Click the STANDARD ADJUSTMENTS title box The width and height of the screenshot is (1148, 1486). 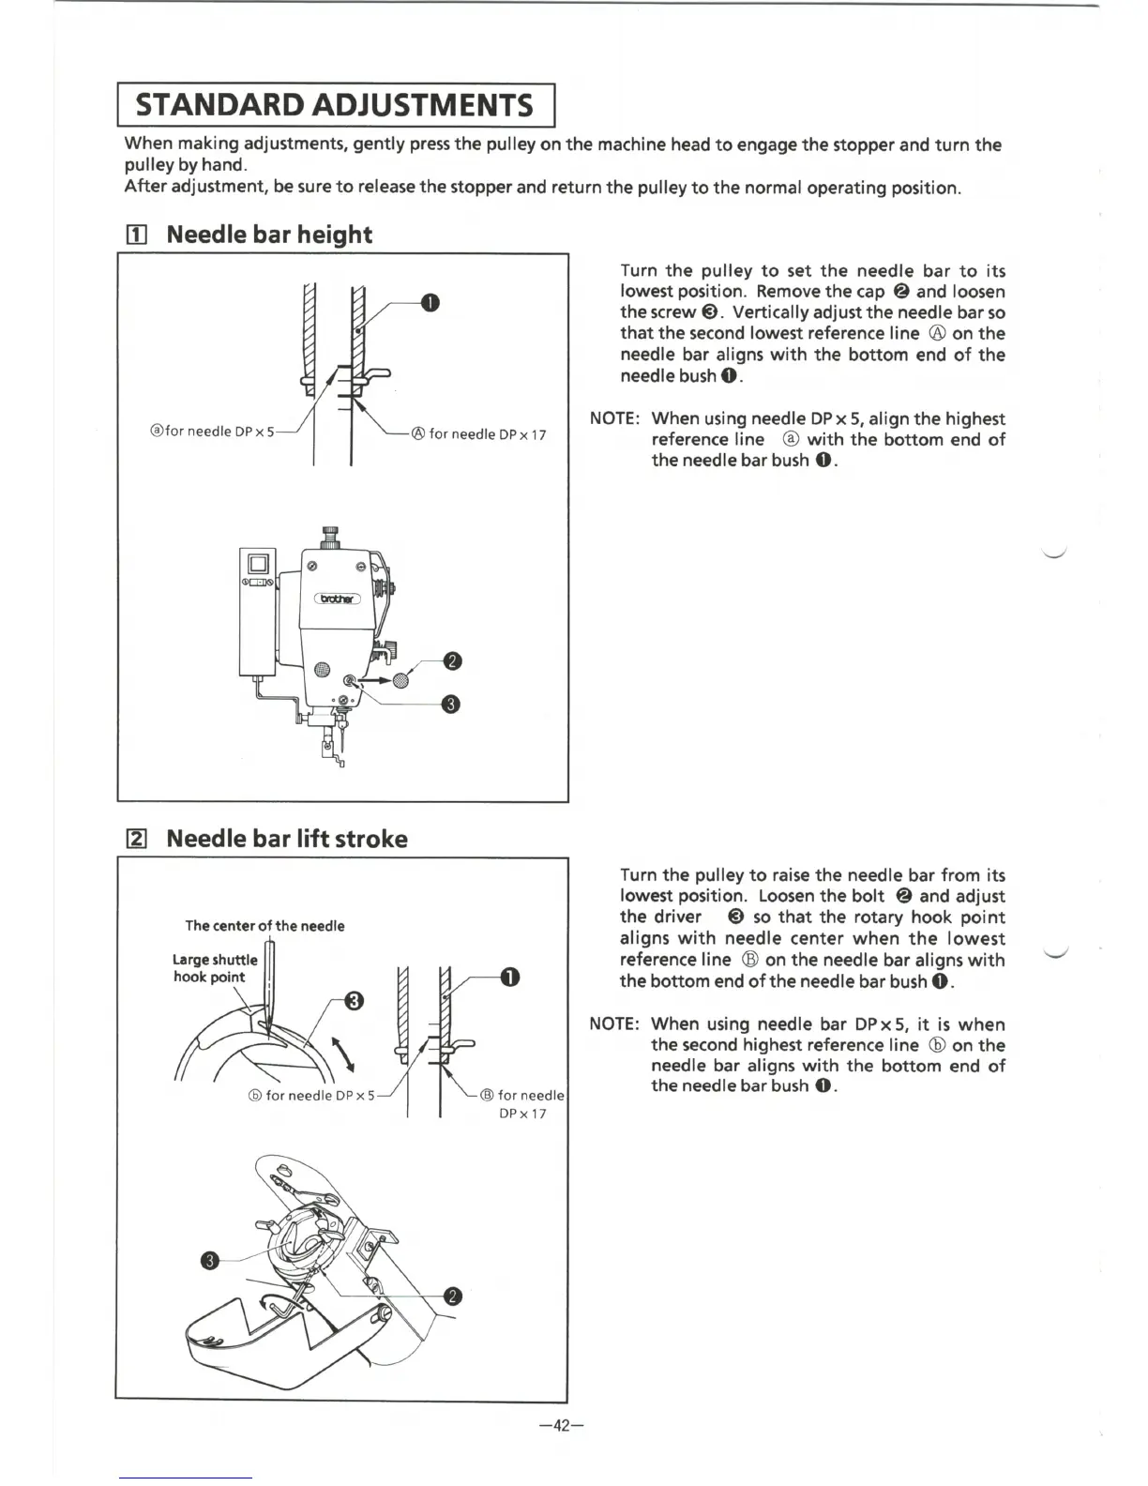pyautogui.click(x=336, y=104)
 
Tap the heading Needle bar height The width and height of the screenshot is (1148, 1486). pyautogui.click(x=268, y=235)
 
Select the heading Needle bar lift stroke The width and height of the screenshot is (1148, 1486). pyautogui.click(x=286, y=839)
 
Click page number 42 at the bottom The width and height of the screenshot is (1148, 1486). pyautogui.click(x=562, y=1426)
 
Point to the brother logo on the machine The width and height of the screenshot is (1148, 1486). pyautogui.click(x=337, y=599)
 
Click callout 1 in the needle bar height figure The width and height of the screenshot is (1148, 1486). pyautogui.click(x=430, y=302)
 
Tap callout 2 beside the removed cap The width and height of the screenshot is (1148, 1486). pyautogui.click(x=452, y=662)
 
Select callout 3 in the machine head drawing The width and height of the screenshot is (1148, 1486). pyautogui.click(x=450, y=705)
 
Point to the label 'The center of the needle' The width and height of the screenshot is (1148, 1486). pyautogui.click(x=264, y=926)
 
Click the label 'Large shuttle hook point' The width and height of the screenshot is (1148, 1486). pyautogui.click(x=214, y=968)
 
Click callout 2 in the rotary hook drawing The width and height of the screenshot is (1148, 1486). pyautogui.click(x=452, y=1296)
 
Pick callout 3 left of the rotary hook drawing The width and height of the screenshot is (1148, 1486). pyautogui.click(x=210, y=1260)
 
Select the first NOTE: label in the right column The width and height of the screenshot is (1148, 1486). pyautogui.click(x=614, y=418)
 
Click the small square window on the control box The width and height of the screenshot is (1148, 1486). pyautogui.click(x=258, y=565)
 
